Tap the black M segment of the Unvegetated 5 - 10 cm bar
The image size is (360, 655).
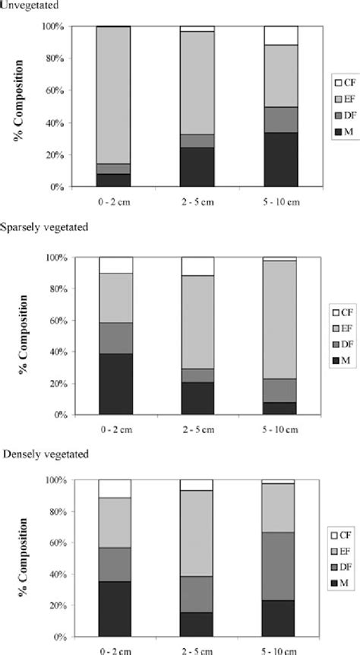(281, 159)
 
